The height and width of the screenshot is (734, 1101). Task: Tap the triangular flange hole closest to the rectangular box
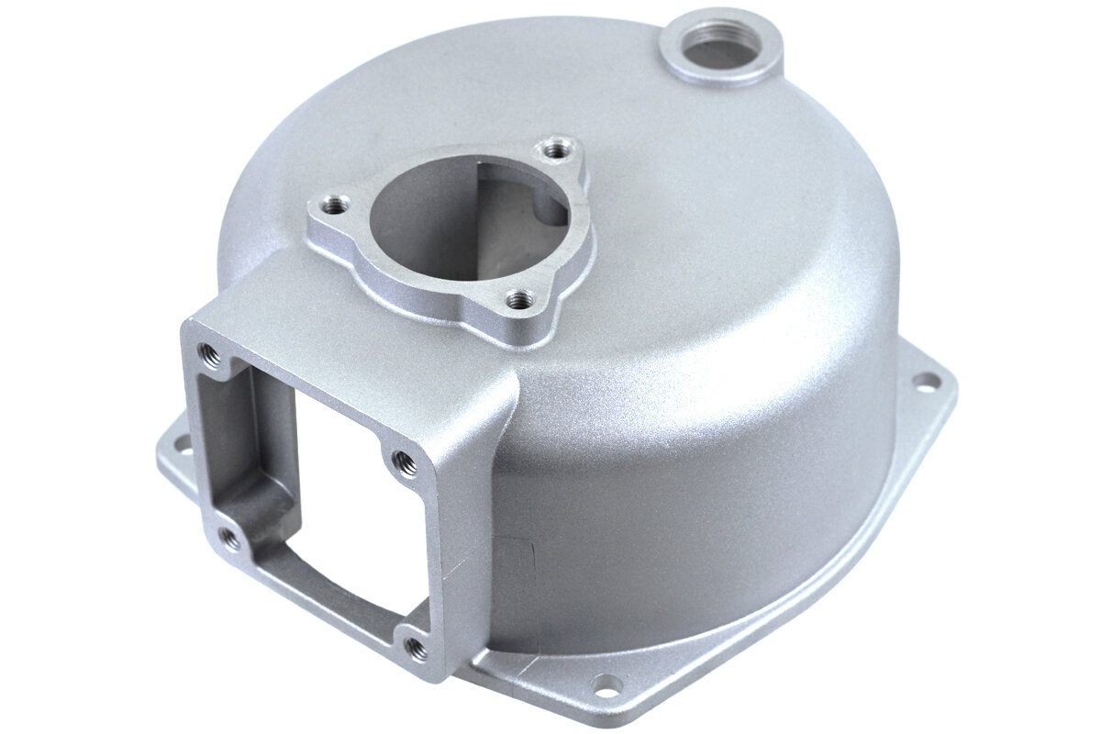520,297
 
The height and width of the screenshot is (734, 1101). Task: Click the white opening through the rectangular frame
339,477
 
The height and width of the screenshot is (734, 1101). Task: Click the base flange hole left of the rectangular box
180,445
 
